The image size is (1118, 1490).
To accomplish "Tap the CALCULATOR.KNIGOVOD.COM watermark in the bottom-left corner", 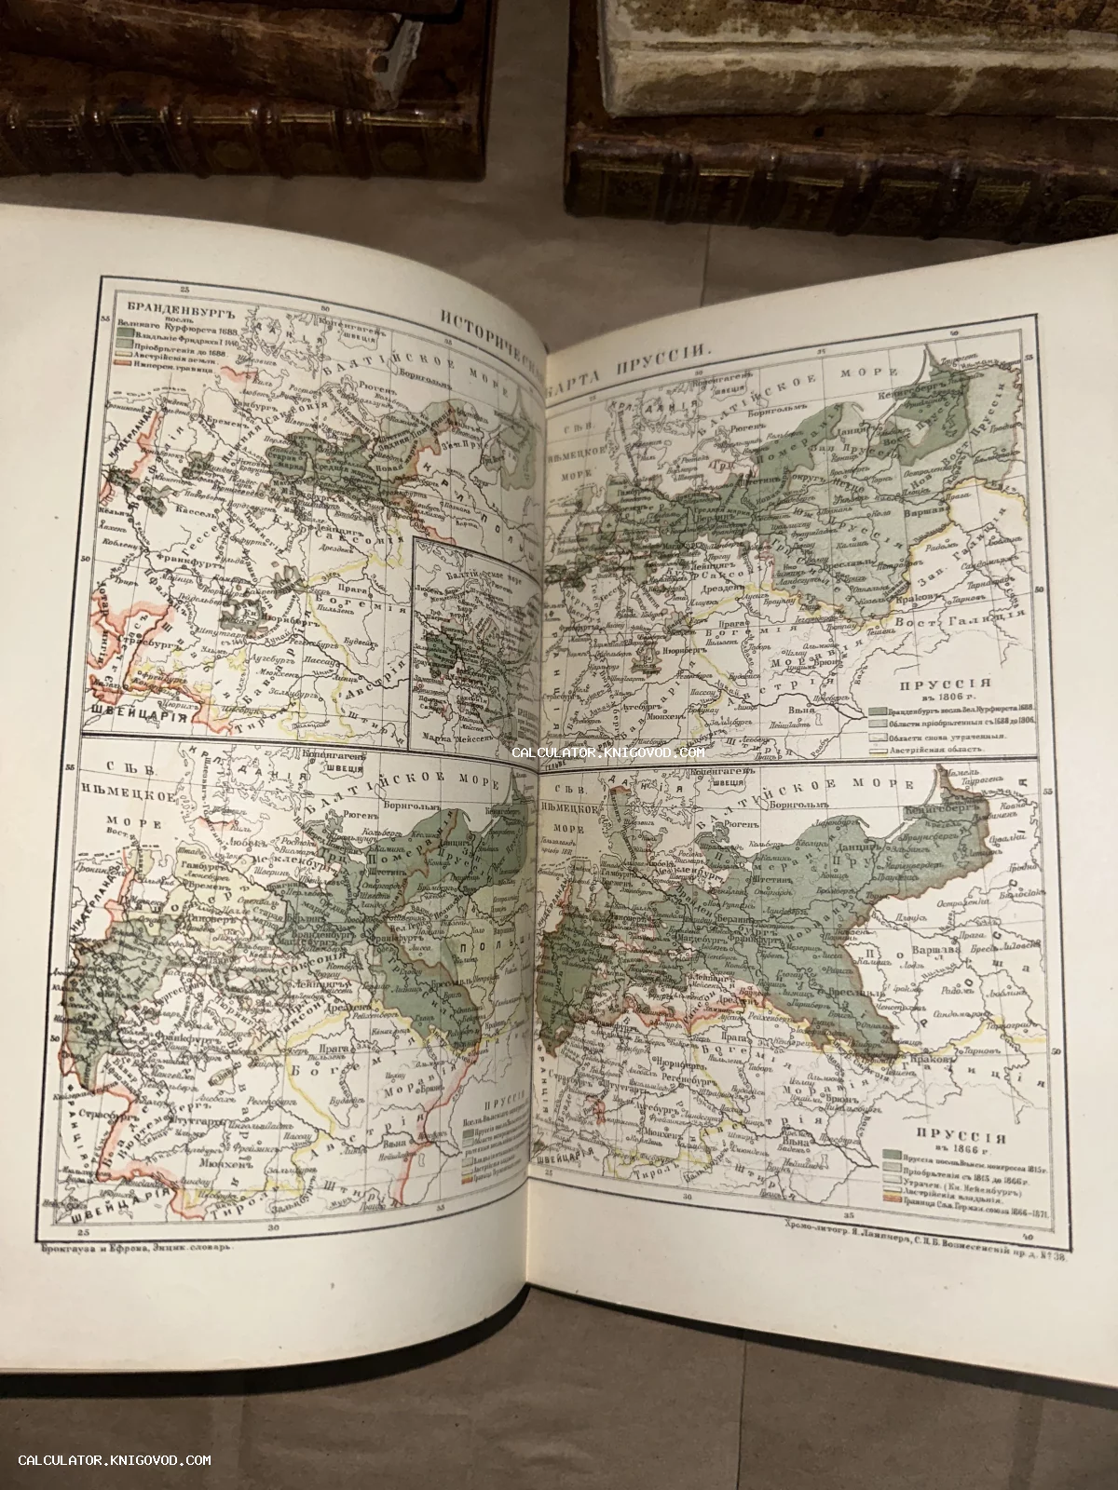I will (x=114, y=1461).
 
